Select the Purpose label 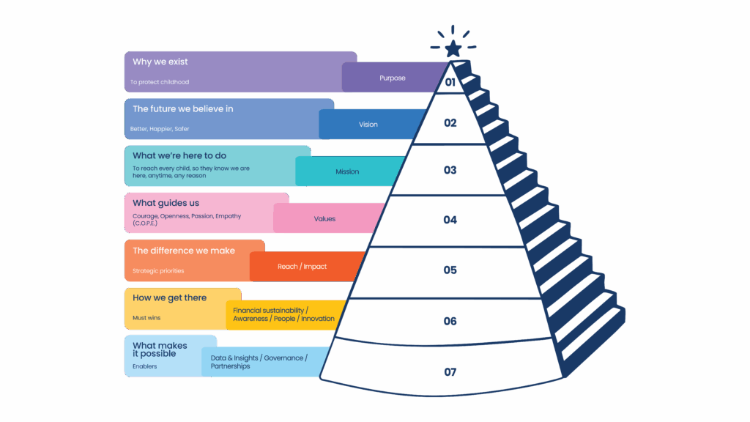pyautogui.click(x=392, y=78)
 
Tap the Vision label pyautogui.click(x=368, y=125)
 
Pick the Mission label pyautogui.click(x=347, y=171)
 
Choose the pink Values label pyautogui.click(x=324, y=218)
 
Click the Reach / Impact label pyautogui.click(x=302, y=267)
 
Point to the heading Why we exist pyautogui.click(x=160, y=62)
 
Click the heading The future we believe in pyautogui.click(x=183, y=109)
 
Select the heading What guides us pyautogui.click(x=166, y=203)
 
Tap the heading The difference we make pyautogui.click(x=184, y=251)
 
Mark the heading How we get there pyautogui.click(x=170, y=298)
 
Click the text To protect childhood pyautogui.click(x=160, y=82)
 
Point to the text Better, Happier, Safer pyautogui.click(x=160, y=129)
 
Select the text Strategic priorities pyautogui.click(x=158, y=271)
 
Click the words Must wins pyautogui.click(x=146, y=318)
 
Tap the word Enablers pyautogui.click(x=144, y=366)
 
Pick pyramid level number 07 pyautogui.click(x=450, y=372)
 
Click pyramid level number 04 pyautogui.click(x=450, y=220)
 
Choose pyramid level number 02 pyautogui.click(x=450, y=123)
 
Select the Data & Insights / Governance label pyautogui.click(x=259, y=358)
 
